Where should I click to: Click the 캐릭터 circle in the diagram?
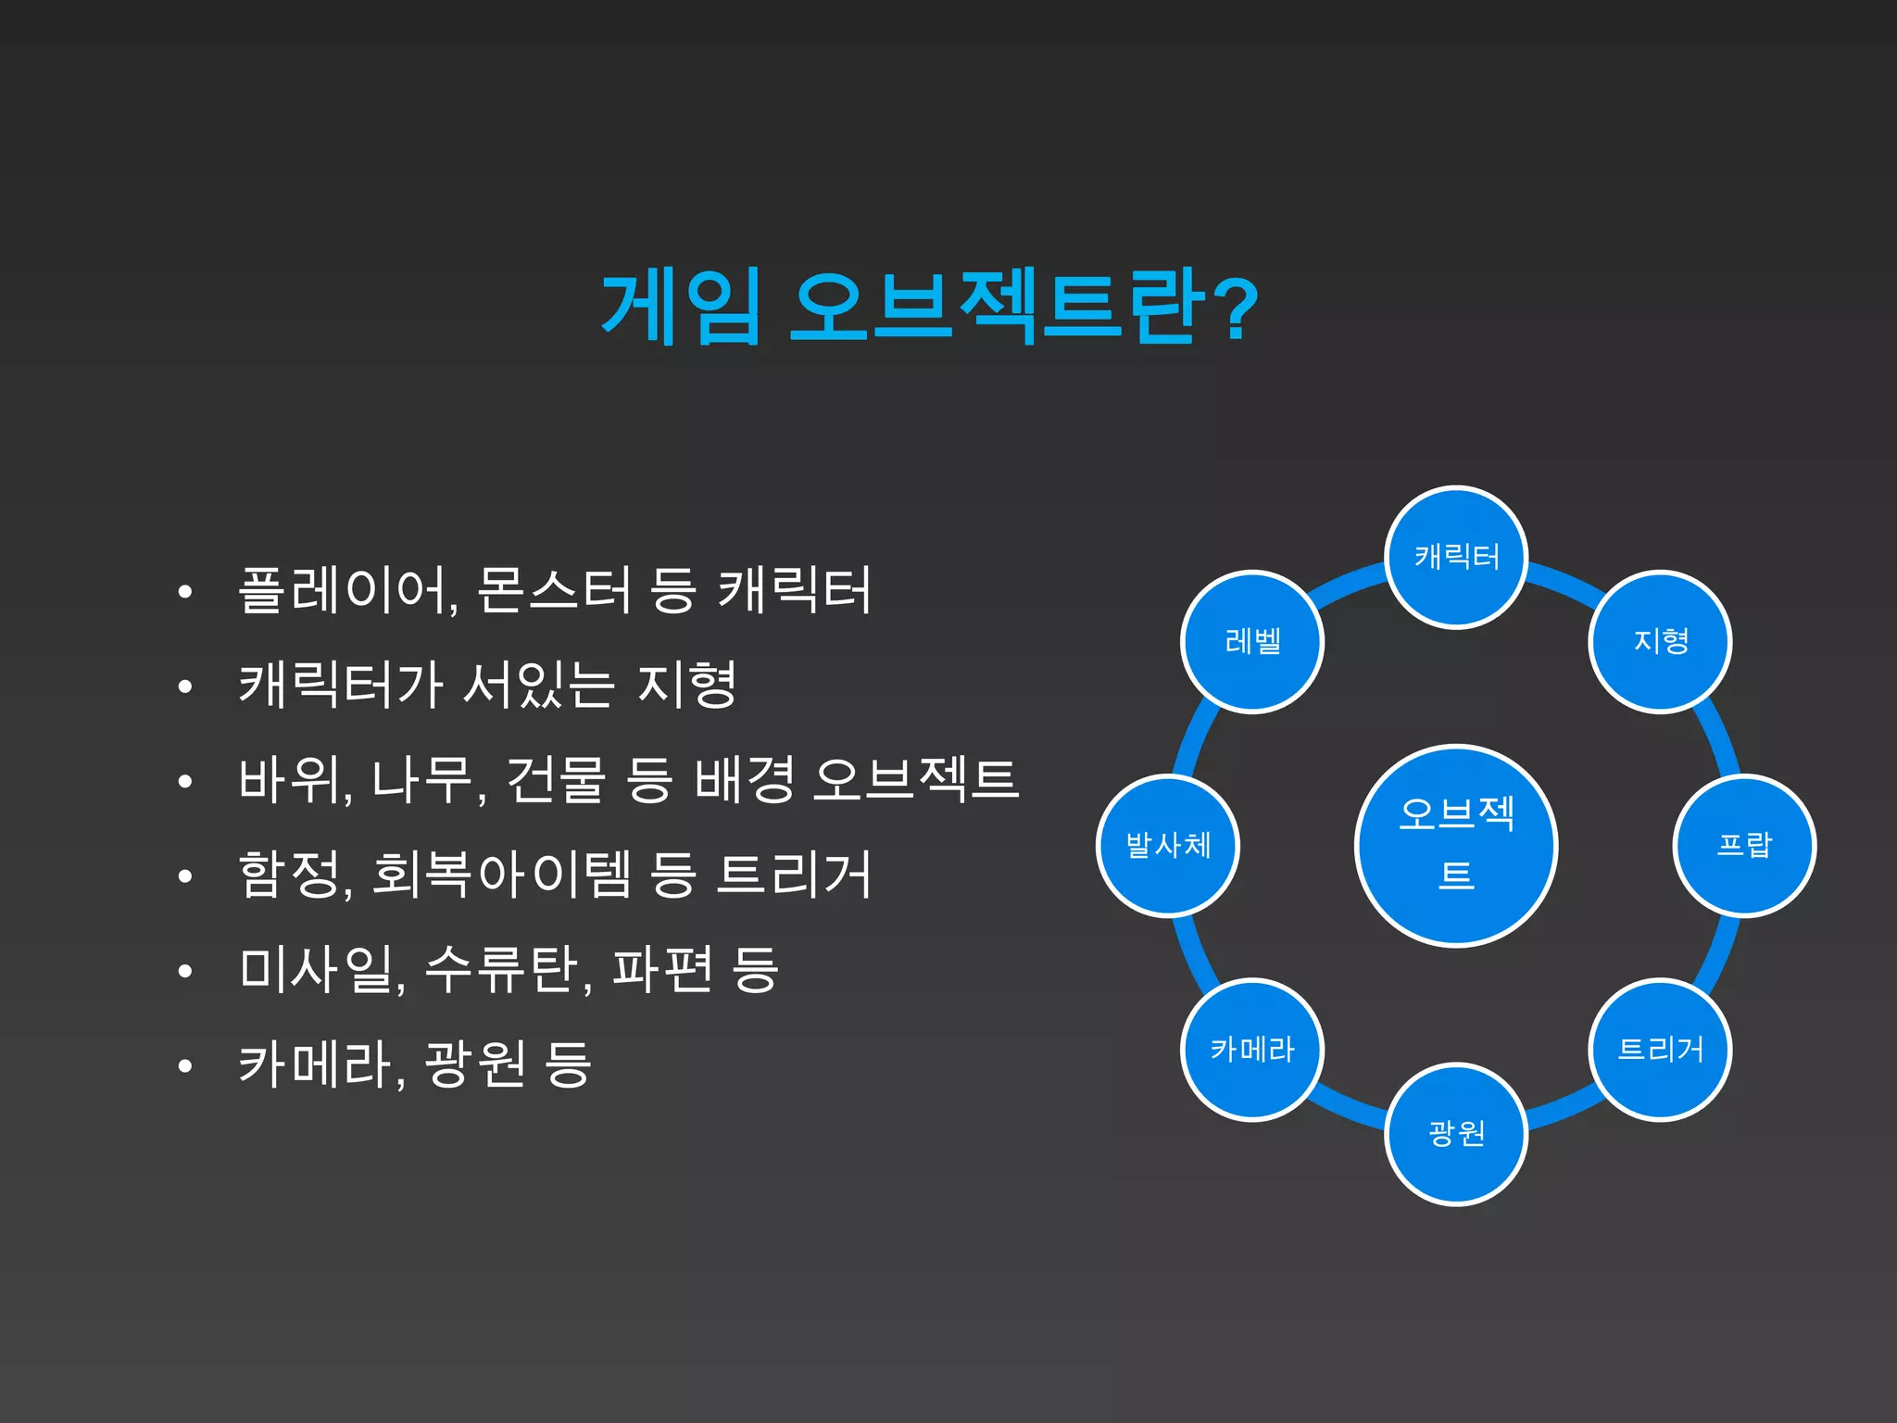coord(1456,557)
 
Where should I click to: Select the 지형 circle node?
coord(1660,641)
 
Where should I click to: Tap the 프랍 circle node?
coord(1744,845)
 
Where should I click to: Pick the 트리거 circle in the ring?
coord(1660,1050)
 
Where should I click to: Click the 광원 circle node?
coord(1456,1134)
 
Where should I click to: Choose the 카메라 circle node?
coord(1252,1050)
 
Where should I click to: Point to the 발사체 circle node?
coord(1168,845)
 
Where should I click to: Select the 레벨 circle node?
coord(1252,641)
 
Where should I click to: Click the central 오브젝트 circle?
coord(1456,845)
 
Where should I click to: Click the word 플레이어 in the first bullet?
coord(345,590)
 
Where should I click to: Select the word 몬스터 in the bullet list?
coord(553,590)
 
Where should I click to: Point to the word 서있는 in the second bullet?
coord(538,686)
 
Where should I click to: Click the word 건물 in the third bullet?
coord(556,780)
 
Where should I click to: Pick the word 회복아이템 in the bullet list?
coord(501,875)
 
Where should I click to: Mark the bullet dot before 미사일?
coord(185,971)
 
